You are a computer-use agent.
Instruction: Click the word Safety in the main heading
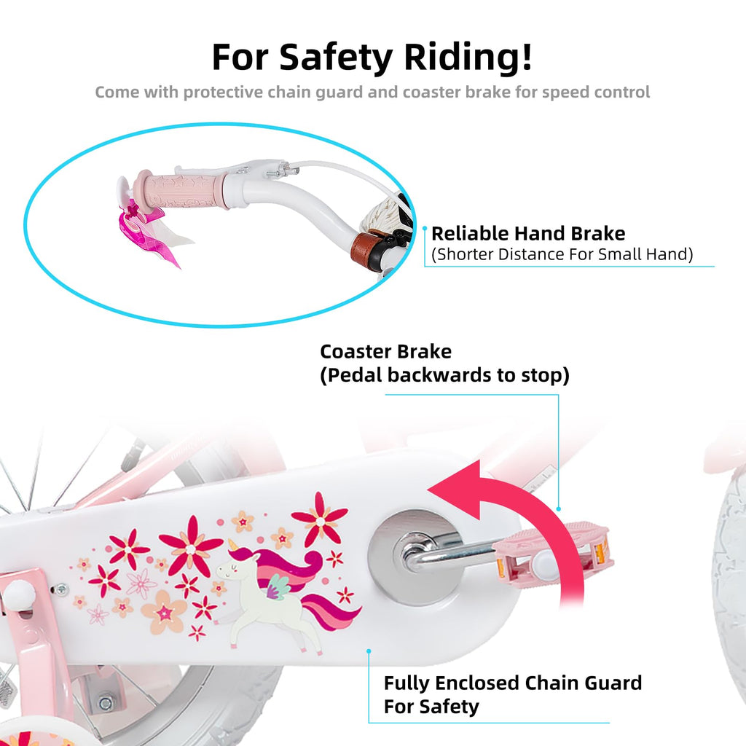pos(335,58)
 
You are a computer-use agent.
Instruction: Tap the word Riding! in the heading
pos(468,58)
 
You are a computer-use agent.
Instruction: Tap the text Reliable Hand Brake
pos(528,234)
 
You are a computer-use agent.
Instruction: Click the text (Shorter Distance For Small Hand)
pos(562,254)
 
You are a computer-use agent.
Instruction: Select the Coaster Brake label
pos(386,352)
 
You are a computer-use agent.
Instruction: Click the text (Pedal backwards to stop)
pos(444,375)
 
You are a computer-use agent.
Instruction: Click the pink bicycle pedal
pos(552,554)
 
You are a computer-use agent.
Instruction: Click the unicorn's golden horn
pos(232,544)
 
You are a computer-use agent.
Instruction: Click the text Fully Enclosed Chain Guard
pos(513,683)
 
